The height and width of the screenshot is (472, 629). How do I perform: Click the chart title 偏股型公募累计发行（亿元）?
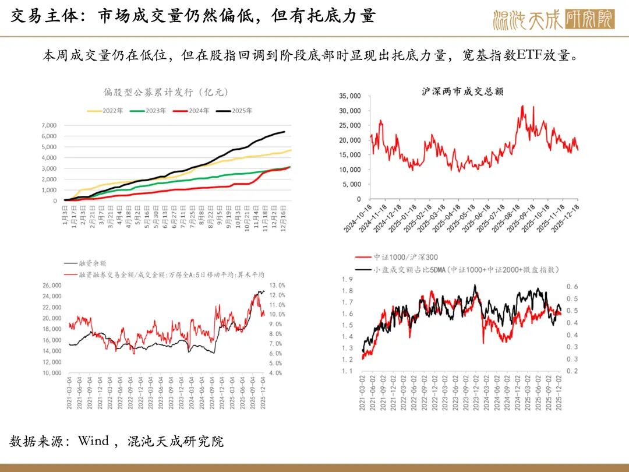tap(165, 92)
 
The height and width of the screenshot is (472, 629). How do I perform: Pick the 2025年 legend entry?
tap(240, 110)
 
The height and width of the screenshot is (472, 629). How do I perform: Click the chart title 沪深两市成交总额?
tap(462, 91)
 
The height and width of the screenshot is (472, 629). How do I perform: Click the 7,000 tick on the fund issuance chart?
tap(49, 125)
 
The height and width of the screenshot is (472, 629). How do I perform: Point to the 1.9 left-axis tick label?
tap(348, 279)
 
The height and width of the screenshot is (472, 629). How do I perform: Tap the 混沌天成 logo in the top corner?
tap(553, 19)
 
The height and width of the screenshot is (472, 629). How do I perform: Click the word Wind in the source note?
tap(94, 441)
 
